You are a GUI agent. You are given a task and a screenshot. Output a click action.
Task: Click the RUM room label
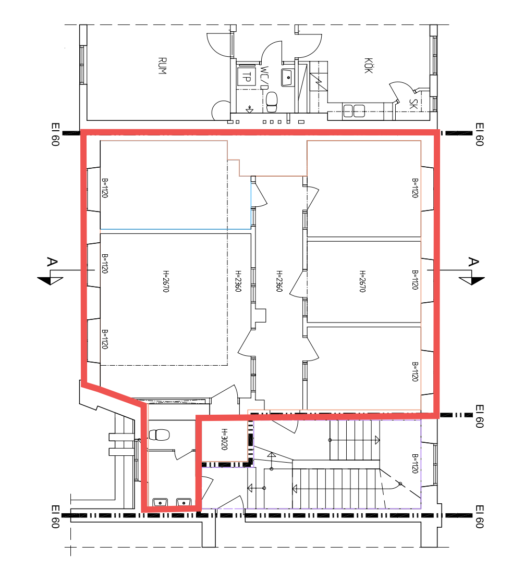click(162, 66)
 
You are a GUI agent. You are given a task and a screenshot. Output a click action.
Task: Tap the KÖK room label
click(368, 66)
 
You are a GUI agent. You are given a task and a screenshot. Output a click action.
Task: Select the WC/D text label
click(264, 78)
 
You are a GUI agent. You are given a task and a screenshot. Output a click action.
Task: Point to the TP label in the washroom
click(247, 77)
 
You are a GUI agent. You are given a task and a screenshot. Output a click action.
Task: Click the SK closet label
click(413, 104)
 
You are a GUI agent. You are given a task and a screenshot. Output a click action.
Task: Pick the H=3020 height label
click(224, 439)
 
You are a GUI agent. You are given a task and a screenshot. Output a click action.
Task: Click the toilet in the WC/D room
click(272, 102)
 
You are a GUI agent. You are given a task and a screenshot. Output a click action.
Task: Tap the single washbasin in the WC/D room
click(287, 77)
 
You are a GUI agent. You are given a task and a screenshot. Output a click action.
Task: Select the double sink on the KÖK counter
click(354, 111)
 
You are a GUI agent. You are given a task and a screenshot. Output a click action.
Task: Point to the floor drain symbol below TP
click(249, 109)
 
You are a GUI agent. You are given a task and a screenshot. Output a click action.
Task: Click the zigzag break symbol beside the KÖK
click(318, 81)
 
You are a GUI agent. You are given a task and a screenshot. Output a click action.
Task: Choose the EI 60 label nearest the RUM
click(55, 134)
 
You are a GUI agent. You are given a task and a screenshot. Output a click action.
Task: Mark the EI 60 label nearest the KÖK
click(479, 134)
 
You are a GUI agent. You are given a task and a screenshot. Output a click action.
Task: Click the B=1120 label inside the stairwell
click(415, 463)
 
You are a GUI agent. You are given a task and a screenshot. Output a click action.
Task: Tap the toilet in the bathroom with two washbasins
click(159, 435)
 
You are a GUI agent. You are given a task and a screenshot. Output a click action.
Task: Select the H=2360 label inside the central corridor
click(279, 281)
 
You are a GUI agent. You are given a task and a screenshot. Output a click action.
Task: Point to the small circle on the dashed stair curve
click(400, 483)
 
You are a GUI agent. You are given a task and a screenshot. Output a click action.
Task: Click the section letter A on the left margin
click(52, 262)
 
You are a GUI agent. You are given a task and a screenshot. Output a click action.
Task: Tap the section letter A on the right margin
click(473, 262)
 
